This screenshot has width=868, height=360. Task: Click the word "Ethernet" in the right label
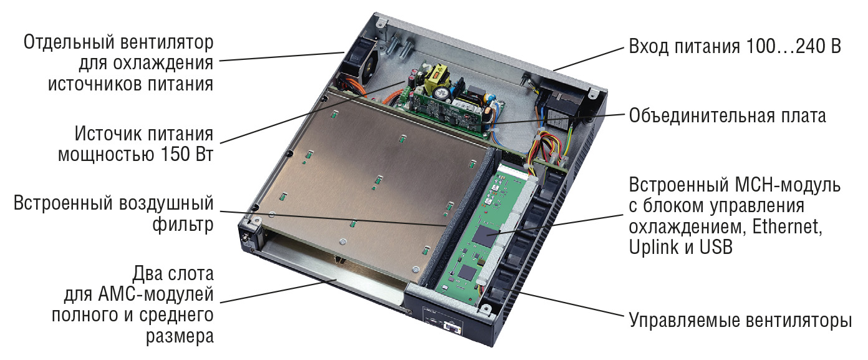pyautogui.click(x=787, y=226)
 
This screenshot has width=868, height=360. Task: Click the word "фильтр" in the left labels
pyautogui.click(x=183, y=225)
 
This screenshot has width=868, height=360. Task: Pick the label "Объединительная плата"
pyautogui.click(x=727, y=115)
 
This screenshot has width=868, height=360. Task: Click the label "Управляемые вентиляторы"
pyautogui.click(x=740, y=321)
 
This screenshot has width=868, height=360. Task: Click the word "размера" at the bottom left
pyautogui.click(x=180, y=336)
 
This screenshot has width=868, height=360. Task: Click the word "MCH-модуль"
pyautogui.click(x=788, y=185)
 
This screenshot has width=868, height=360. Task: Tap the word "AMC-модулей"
pyautogui.click(x=155, y=295)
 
